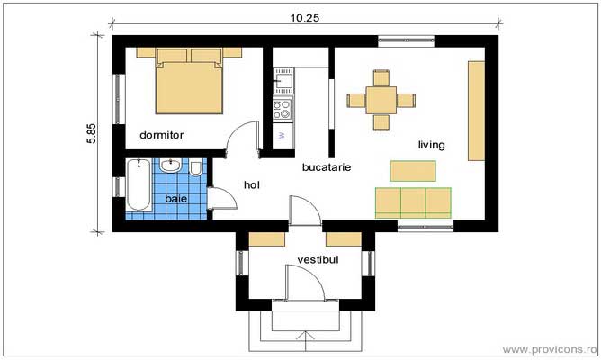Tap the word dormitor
pyautogui.click(x=162, y=135)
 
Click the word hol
pyautogui.click(x=252, y=185)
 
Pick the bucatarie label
pyautogui.click(x=327, y=167)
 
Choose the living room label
pyautogui.click(x=430, y=144)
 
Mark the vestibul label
pyautogui.click(x=318, y=259)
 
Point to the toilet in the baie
pyautogui.click(x=195, y=168)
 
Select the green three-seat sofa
pyautogui.click(x=413, y=202)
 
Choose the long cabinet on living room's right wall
pyautogui.click(x=475, y=110)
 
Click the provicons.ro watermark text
pyautogui.click(x=551, y=347)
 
